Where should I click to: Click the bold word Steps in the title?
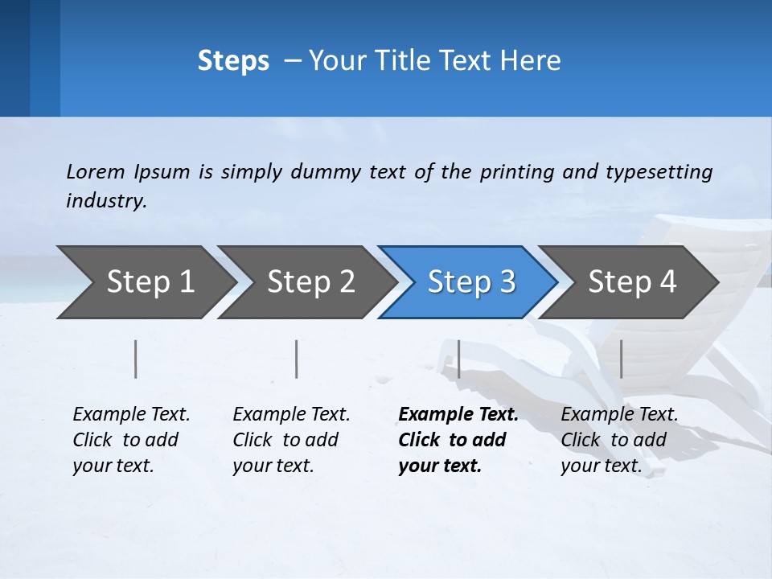click(233, 61)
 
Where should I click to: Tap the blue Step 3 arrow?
click(468, 281)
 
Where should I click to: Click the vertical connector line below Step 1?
click(136, 359)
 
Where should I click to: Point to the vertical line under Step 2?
click(297, 359)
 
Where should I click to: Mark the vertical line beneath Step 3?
click(458, 359)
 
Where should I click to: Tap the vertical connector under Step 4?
click(622, 359)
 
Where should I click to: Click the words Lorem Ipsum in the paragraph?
click(128, 172)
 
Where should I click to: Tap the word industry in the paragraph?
click(105, 201)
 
